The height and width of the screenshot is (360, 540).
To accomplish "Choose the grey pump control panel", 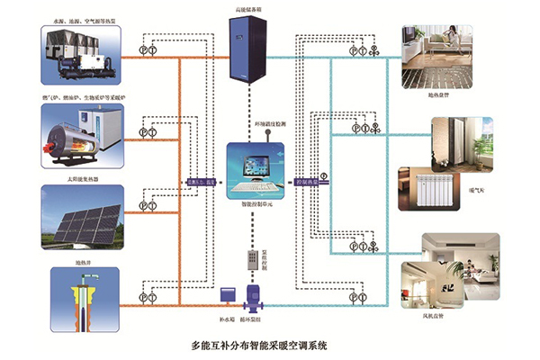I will click(254, 256).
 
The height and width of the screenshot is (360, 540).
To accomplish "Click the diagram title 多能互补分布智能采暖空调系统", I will click(260, 344).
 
